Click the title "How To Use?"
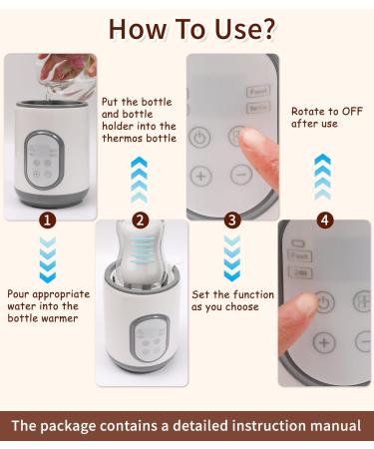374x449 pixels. [187, 27]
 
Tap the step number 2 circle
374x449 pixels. [141, 220]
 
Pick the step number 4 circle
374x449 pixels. [325, 220]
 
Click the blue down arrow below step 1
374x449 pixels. [48, 259]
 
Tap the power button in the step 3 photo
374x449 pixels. [200, 137]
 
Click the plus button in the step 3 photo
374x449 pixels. [201, 177]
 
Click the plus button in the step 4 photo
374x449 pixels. [323, 341]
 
